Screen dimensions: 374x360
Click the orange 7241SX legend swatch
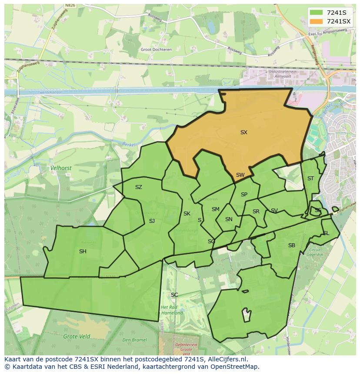tap(317, 21)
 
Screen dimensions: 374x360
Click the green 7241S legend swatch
tap(317, 12)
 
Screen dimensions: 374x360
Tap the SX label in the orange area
tap(244, 132)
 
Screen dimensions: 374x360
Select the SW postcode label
tap(240, 175)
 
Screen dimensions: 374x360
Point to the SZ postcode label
tap(139, 187)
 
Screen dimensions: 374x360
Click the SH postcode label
tap(83, 252)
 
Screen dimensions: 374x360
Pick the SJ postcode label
tap(152, 221)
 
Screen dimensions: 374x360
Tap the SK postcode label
tap(187, 214)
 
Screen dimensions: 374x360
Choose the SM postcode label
tap(216, 209)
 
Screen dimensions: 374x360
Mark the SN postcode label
tap(229, 219)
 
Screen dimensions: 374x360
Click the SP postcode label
tap(244, 195)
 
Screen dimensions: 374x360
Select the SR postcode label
tap(256, 212)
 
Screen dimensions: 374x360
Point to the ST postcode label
tap(310, 179)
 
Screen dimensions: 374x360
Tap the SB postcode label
tap(292, 245)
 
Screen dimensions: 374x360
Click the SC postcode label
tap(174, 295)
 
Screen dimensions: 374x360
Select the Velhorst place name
tap(61, 168)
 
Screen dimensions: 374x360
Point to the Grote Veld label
tap(77, 336)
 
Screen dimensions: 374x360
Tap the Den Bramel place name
tap(134, 340)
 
